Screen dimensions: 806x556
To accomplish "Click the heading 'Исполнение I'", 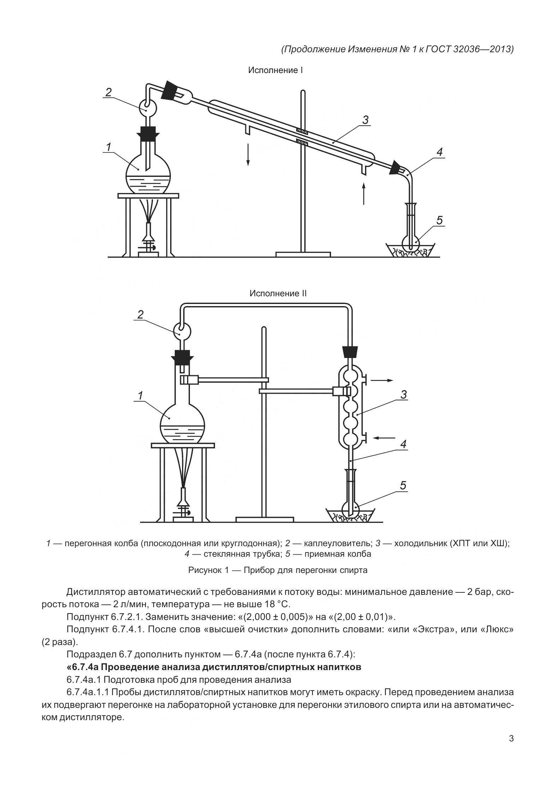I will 275,71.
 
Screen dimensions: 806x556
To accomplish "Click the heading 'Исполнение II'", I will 278,294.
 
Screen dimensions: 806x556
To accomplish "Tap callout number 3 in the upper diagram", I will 365,120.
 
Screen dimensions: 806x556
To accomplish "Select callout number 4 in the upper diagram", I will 440,153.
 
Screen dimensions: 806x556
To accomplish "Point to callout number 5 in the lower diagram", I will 403,486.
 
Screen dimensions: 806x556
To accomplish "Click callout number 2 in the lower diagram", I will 141,314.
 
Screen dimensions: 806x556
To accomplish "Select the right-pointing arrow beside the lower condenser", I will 382,380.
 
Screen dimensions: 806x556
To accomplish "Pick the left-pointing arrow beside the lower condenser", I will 384,438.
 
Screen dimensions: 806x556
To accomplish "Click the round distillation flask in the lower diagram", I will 183,424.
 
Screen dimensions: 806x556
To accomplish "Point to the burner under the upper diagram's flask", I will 149,240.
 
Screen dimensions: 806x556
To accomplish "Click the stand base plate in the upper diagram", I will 303,254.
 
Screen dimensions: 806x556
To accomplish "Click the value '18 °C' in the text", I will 275,604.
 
